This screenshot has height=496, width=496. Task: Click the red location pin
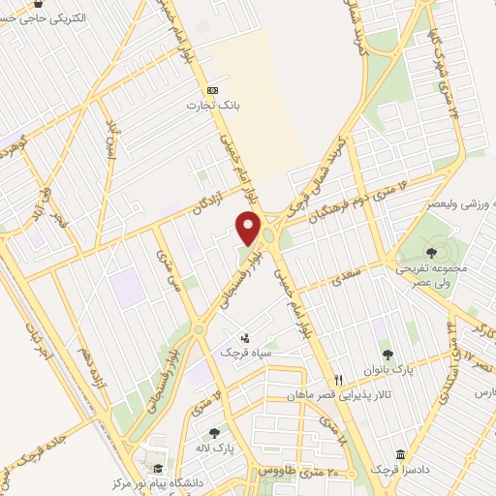point(248,230)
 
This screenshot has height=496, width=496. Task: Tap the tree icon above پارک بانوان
point(388,355)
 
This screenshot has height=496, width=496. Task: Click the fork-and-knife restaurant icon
point(338,380)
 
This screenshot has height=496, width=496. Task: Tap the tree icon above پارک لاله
point(215,432)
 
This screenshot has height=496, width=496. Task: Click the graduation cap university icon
point(145,466)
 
